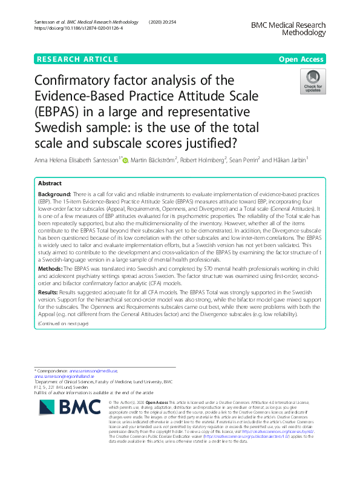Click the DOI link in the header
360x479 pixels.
tap(79, 28)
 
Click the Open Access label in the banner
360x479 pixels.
tap(301, 59)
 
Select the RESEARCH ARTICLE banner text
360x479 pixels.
tap(77, 59)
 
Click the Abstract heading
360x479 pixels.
tap(50, 183)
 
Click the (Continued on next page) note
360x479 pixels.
tap(63, 324)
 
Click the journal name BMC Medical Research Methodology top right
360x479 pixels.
tap(287, 29)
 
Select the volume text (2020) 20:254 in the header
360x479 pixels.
tap(163, 22)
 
